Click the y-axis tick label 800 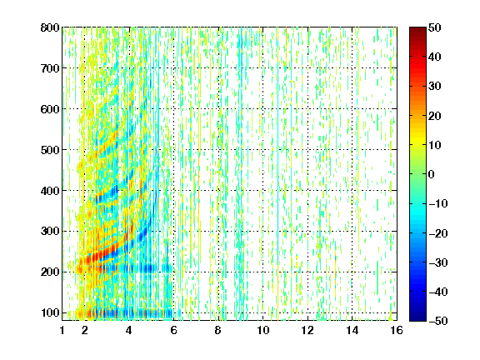pos(50,27)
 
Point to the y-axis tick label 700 pos(50,68)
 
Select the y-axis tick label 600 pos(50,109)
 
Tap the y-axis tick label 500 pos(50,150)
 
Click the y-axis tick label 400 pos(50,191)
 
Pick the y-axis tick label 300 pos(50,232)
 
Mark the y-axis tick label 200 pos(50,272)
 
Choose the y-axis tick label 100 pos(50,312)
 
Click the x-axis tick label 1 pos(62,330)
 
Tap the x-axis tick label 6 pos(173,330)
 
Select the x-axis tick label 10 pos(263,330)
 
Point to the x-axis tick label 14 pos(352,330)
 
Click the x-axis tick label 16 pos(397,330)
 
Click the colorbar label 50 pos(435,27)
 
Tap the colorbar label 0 pos(432,174)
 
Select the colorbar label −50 pos(438,321)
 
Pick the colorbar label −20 pos(438,233)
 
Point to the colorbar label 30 pos(435,87)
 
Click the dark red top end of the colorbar pos(417,29)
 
